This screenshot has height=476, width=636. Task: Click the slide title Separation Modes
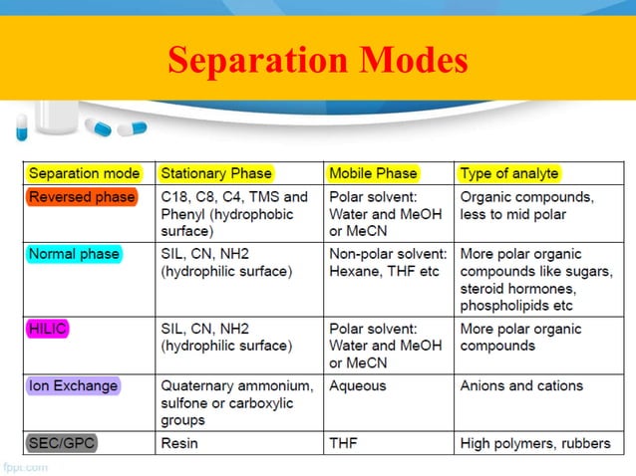coord(317,62)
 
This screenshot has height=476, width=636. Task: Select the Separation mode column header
coord(85,173)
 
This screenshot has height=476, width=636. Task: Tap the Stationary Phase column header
coord(215,173)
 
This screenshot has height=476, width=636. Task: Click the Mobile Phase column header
coord(373,173)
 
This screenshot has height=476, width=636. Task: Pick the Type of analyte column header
coord(508,173)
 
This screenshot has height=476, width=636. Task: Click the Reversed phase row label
coord(82,197)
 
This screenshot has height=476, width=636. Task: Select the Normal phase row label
coord(74,254)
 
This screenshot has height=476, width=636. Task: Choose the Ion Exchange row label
coord(74,385)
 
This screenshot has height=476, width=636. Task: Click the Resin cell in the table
coord(180,443)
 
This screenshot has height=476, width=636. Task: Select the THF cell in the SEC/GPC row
coord(345,443)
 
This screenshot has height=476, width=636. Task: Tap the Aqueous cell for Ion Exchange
coord(357,385)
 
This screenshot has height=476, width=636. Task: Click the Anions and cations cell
coord(521,385)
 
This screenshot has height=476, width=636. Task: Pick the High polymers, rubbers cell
coord(535,443)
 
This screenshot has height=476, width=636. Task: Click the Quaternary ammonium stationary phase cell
coord(236,401)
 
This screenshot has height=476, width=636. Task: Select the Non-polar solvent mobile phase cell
coord(388,262)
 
